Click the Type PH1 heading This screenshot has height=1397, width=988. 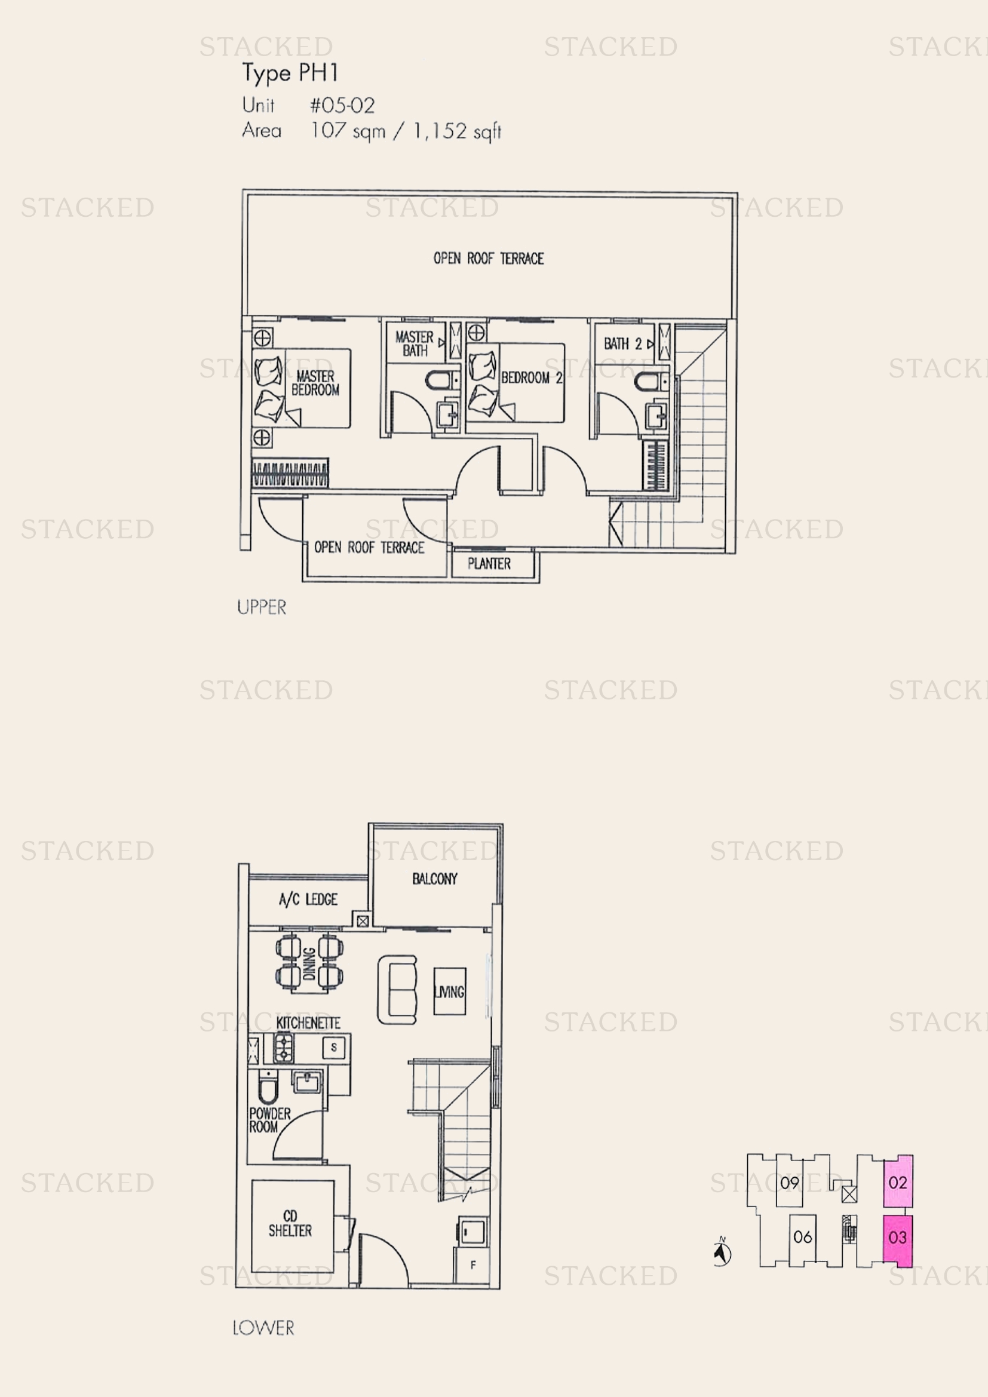tap(290, 73)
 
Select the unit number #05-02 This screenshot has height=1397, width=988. tap(342, 105)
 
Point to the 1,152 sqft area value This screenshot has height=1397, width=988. tap(458, 131)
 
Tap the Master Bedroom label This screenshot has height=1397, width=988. tap(315, 383)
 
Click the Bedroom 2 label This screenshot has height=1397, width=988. tap(531, 378)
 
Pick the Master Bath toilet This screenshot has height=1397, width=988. tap(438, 381)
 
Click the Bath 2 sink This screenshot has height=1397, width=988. tap(656, 417)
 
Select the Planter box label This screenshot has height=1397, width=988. tap(489, 564)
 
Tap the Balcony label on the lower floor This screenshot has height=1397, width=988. tap(434, 879)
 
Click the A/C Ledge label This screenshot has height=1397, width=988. tap(308, 899)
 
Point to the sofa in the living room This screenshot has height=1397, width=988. tap(398, 989)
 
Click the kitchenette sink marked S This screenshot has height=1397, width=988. tap(333, 1048)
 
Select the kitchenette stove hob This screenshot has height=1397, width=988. tap(284, 1048)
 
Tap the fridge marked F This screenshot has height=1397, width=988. tap(472, 1265)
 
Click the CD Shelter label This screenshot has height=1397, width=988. tap(290, 1224)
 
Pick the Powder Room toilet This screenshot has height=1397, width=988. tap(267, 1089)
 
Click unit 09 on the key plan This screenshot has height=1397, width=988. tap(790, 1183)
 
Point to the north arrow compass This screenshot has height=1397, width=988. tap(722, 1253)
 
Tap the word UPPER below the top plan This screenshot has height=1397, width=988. tap(262, 607)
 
